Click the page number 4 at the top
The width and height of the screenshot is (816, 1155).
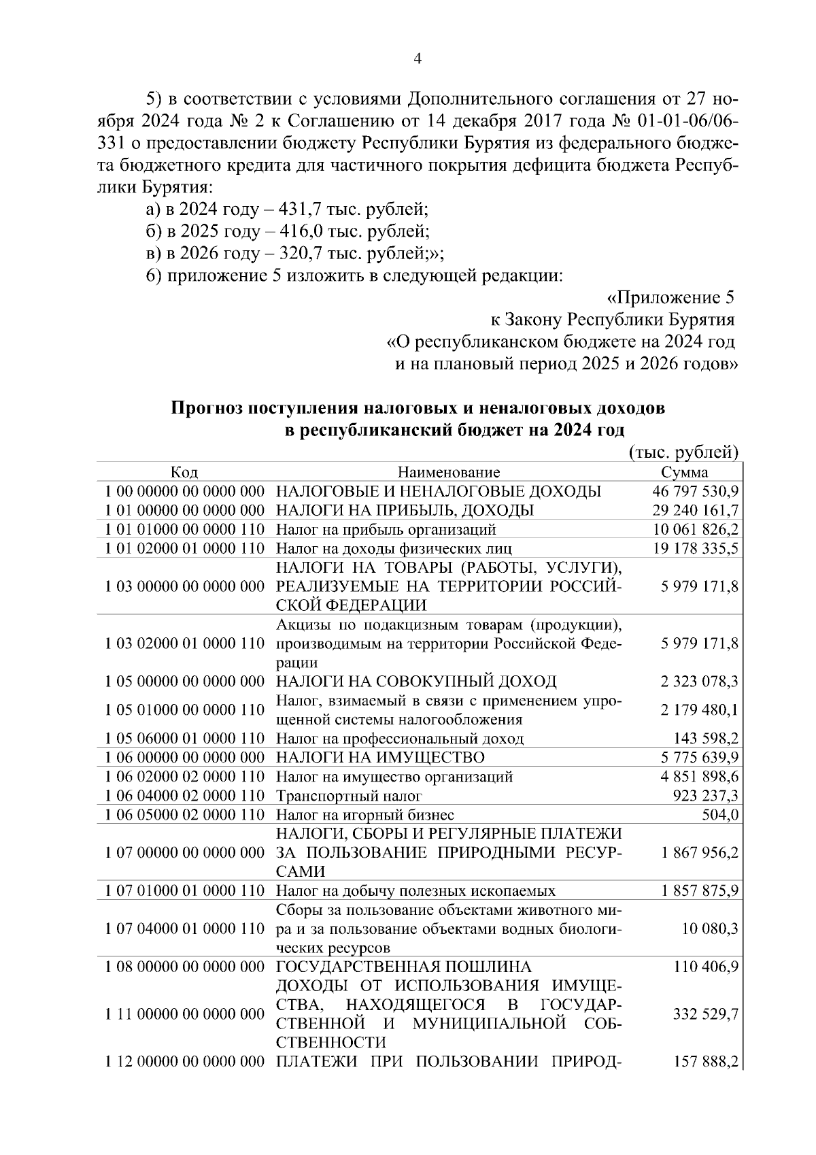click(x=418, y=59)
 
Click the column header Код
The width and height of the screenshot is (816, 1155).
click(x=184, y=473)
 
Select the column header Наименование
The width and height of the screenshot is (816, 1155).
click(x=449, y=473)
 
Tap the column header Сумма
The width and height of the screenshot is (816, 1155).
click(x=684, y=473)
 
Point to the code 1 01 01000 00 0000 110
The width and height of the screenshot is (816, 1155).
click(x=184, y=529)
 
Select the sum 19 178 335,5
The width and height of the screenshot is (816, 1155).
click(x=696, y=548)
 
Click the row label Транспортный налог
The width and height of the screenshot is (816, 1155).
click(x=350, y=796)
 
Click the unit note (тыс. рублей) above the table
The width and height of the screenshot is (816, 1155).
click(x=683, y=452)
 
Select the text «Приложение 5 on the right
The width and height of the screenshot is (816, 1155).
click(x=670, y=298)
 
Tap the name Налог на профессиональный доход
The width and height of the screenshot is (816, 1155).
click(x=400, y=739)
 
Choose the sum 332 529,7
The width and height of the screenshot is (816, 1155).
click(x=706, y=1014)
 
